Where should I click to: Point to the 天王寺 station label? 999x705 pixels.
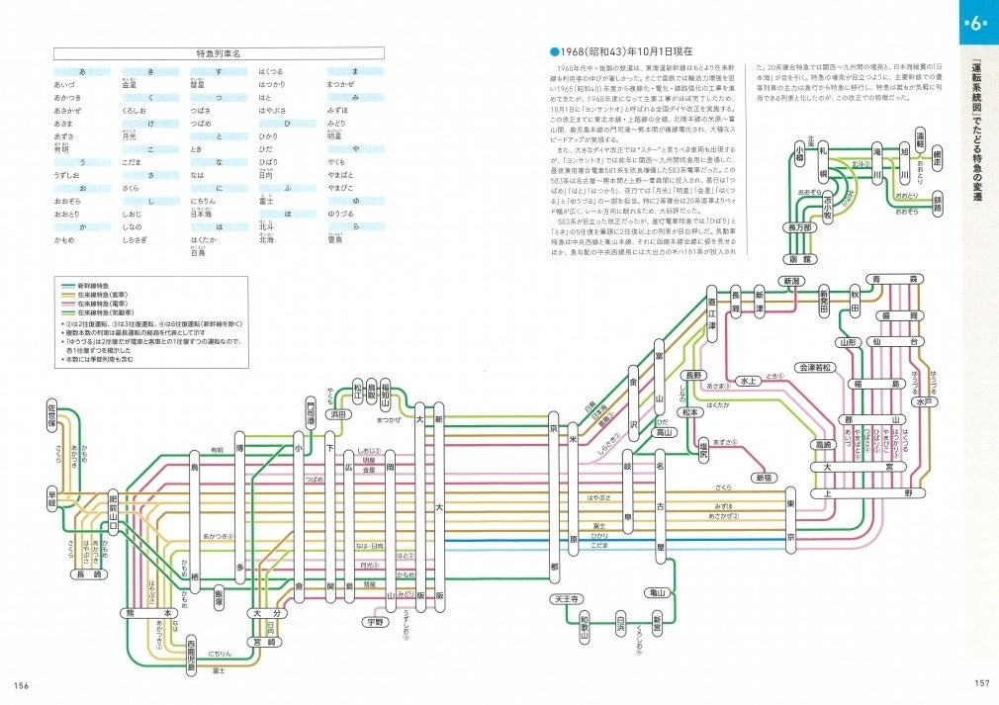click(x=566, y=599)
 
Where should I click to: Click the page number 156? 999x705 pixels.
click(x=22, y=685)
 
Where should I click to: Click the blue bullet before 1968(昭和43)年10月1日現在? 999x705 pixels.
click(x=555, y=48)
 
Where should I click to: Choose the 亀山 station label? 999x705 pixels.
click(x=657, y=592)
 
